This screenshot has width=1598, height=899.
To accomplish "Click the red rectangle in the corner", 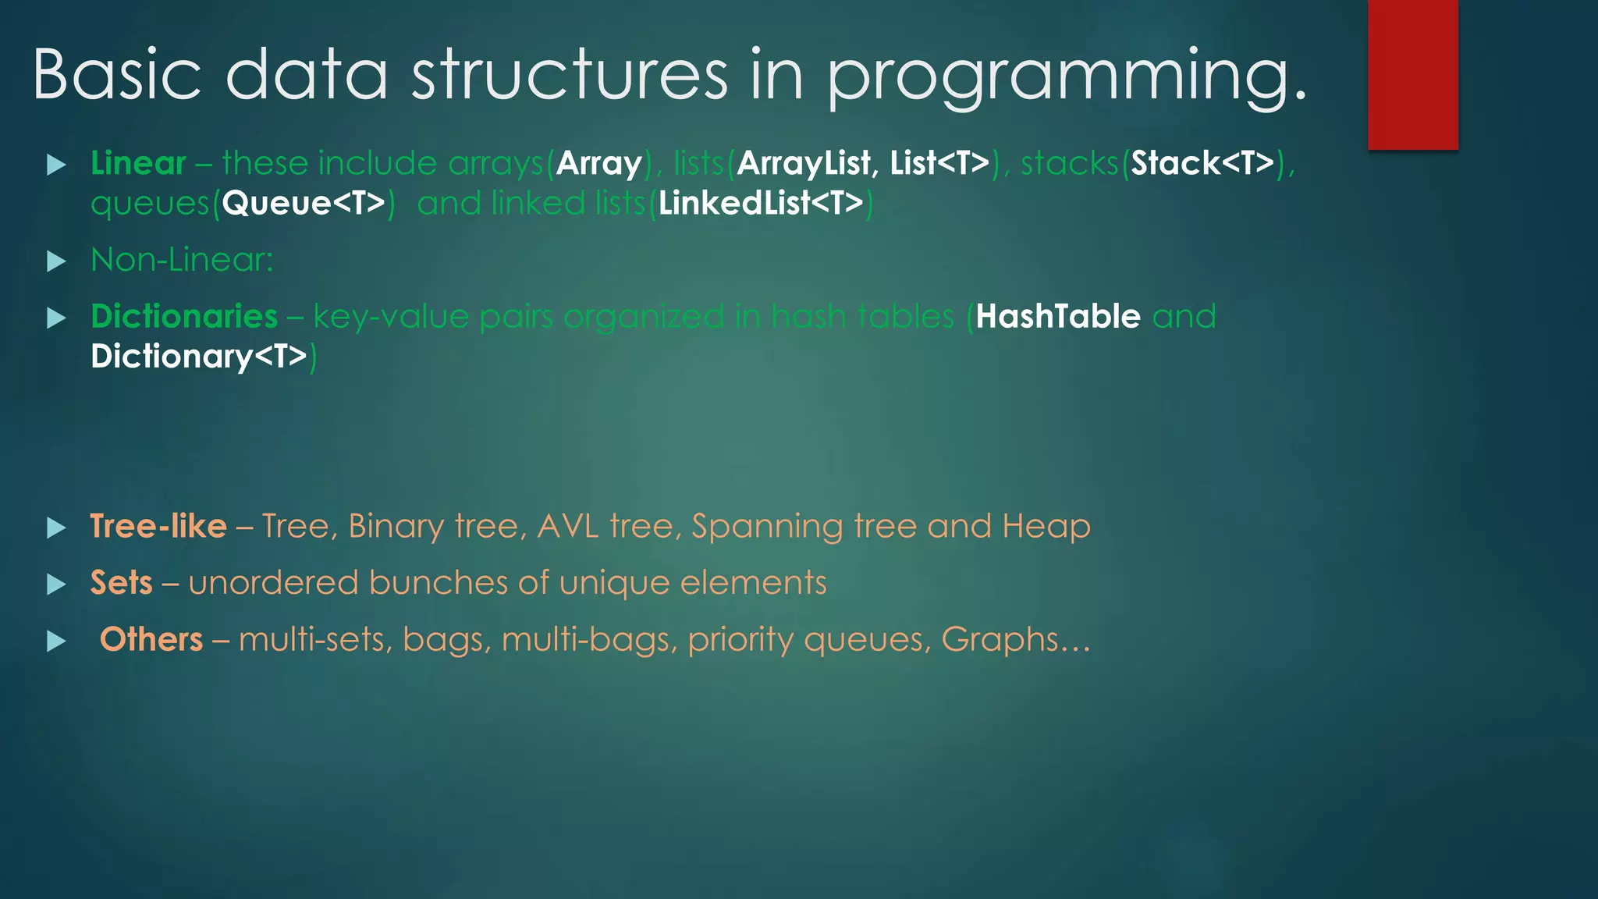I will [x=1412, y=74].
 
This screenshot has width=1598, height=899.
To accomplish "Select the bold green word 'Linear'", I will [x=138, y=163].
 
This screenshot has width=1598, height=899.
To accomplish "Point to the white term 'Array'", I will [x=598, y=163].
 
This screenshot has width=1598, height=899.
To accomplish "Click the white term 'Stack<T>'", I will [x=1202, y=163].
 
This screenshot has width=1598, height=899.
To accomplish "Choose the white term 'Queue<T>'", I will [x=304, y=203].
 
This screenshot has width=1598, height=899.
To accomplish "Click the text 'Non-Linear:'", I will [x=182, y=260].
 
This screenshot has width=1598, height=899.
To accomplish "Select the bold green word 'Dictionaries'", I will [x=184, y=317].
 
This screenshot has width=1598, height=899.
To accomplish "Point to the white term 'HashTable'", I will [x=1058, y=317].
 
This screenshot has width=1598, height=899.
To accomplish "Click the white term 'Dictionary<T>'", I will [x=199, y=357].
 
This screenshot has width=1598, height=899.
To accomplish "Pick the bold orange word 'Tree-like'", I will [x=158, y=526].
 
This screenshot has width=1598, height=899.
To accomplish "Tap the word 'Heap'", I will [x=1046, y=526].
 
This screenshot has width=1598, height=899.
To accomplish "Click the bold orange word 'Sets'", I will [x=121, y=583].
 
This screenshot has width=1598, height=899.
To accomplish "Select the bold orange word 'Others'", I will [x=151, y=640].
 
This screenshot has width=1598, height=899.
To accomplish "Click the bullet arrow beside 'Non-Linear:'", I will [x=56, y=261].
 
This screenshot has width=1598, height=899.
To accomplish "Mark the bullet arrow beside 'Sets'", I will [x=56, y=585].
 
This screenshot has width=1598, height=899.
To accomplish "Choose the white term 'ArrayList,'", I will [x=804, y=163].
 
